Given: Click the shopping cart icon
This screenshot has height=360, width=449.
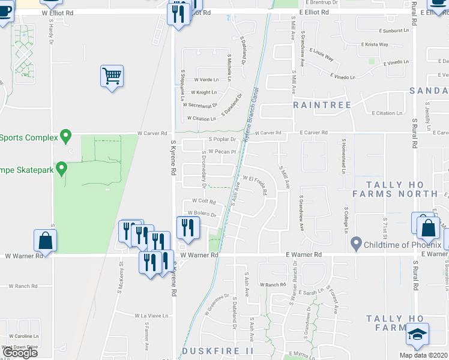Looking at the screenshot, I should tap(112, 76).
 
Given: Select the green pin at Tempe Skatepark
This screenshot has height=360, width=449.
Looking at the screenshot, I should tap(61, 168).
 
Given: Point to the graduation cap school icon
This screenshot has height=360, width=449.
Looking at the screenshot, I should tap(417, 335).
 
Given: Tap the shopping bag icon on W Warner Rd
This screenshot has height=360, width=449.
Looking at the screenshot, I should tap(46, 241).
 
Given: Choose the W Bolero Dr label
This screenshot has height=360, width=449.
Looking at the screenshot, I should tap(201, 213).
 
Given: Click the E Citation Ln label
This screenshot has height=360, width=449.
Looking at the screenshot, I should tap(387, 113).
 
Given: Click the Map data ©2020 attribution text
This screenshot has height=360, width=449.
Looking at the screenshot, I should tap(423, 355).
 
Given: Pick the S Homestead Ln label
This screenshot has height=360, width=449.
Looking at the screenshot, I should tap(344, 157).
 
